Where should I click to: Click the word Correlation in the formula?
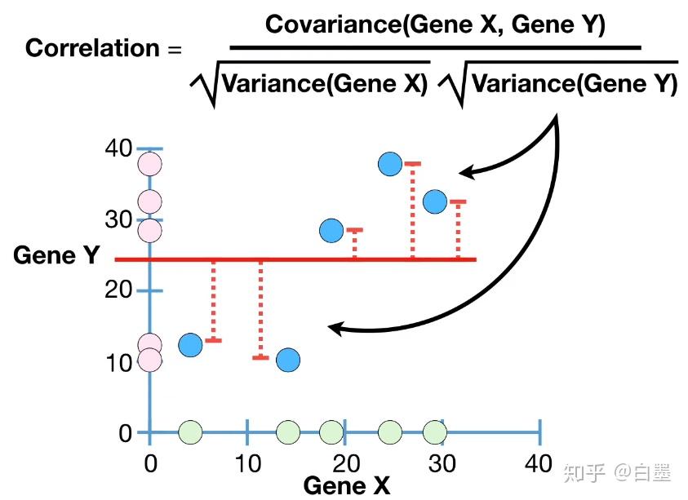point(92,47)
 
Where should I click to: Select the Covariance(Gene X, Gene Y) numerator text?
point(435,24)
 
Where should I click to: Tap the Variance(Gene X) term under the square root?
point(325,83)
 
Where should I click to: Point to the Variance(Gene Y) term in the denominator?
point(575,83)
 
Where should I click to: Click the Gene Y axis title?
point(56,254)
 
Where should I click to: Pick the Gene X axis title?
point(347,485)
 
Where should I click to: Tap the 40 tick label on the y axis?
point(118,148)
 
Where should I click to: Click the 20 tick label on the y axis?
point(118,290)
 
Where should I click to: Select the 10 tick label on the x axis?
point(248,463)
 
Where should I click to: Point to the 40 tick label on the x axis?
point(539,463)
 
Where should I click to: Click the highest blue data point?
point(390,164)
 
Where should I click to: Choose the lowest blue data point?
point(288,360)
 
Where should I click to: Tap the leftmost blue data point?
point(190,344)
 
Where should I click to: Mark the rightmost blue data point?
point(435,201)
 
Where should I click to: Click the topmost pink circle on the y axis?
point(150,164)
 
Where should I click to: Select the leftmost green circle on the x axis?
point(190,432)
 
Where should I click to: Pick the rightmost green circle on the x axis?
point(435,432)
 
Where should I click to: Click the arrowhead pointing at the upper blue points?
point(467,172)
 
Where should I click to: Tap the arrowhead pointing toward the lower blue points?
point(337,328)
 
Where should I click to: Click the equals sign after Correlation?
point(175,50)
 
